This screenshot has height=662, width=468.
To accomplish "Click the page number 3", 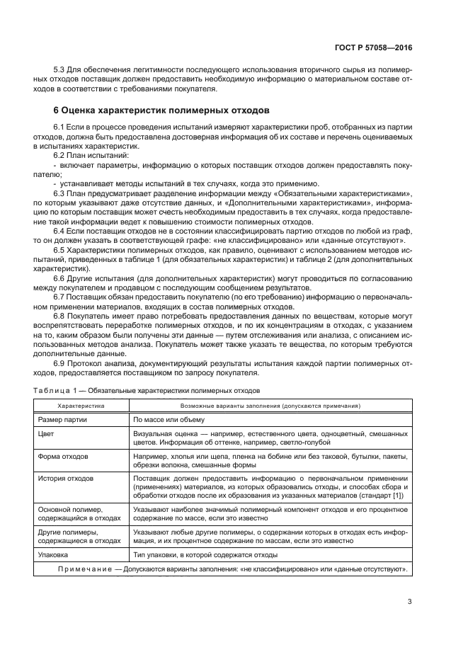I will (x=410, y=603).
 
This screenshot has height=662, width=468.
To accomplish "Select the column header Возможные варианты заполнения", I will (x=270, y=406).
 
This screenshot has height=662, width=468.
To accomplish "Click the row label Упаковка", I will (x=55, y=554).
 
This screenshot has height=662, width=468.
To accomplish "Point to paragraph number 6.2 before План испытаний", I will (x=60, y=154).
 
